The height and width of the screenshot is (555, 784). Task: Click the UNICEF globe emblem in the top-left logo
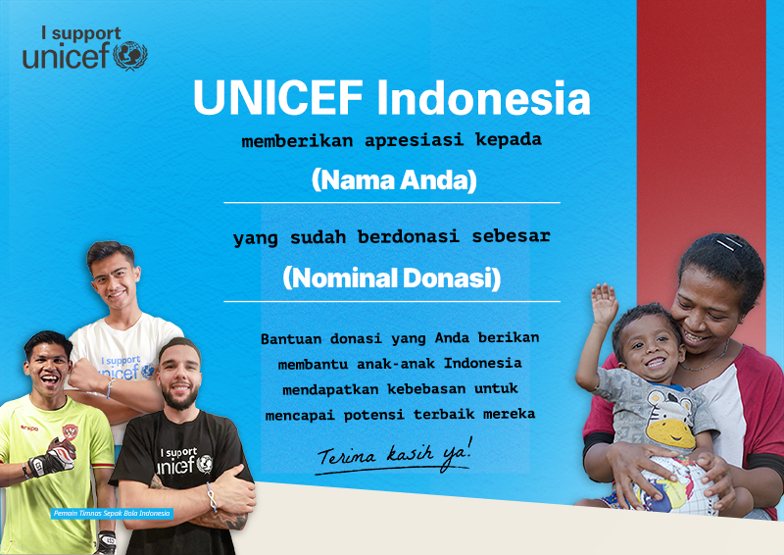click(130, 55)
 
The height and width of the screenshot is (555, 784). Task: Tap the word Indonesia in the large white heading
click(483, 97)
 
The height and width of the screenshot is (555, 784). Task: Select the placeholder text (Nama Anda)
click(394, 179)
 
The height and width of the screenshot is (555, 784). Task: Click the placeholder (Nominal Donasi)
click(391, 277)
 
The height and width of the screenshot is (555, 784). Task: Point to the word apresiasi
click(414, 140)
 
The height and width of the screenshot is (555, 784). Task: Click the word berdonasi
click(408, 236)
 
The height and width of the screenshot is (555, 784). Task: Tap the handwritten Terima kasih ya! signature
click(394, 455)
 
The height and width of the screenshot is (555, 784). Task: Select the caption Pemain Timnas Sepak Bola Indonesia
click(112, 514)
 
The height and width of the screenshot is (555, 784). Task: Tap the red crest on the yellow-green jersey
click(70, 430)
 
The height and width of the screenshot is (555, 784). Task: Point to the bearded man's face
click(179, 377)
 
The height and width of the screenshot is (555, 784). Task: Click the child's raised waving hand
click(604, 304)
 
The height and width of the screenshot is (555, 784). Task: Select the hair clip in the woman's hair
click(729, 243)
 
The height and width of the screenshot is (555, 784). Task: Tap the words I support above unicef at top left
click(81, 34)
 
